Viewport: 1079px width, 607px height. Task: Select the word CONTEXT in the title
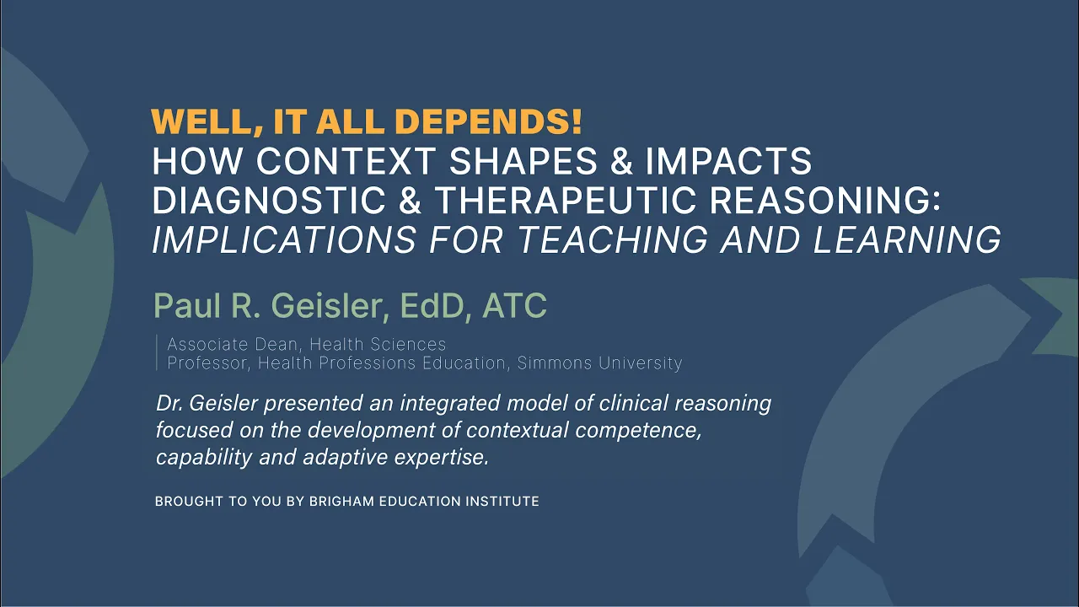pos(346,161)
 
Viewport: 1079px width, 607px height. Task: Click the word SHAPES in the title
pos(523,161)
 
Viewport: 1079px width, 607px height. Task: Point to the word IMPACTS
pos(728,161)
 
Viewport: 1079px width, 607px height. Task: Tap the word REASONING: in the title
pos(824,200)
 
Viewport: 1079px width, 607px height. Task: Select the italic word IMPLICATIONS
pos(284,239)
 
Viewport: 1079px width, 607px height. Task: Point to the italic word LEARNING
pos(907,239)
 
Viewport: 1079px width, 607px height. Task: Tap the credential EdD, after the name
pos(436,305)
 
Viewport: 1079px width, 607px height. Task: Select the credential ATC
pos(514,305)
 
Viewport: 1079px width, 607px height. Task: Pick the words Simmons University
pos(599,363)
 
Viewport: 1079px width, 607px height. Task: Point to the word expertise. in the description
pos(442,457)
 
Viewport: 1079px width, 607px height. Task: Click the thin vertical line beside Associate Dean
pos(157,352)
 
